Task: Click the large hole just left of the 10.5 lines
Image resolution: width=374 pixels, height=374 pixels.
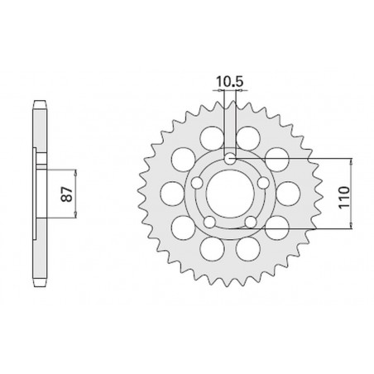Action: [x=212, y=138]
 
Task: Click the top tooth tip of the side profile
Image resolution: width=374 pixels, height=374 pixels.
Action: [x=37, y=102]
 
